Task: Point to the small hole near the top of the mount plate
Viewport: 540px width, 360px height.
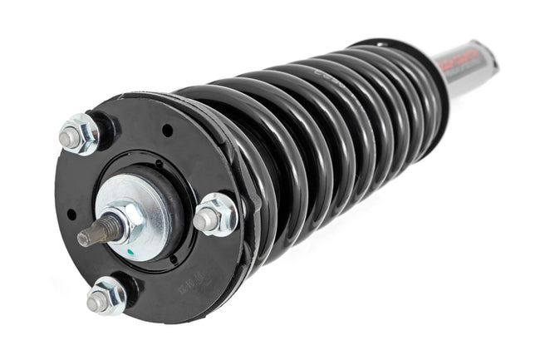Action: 168,131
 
